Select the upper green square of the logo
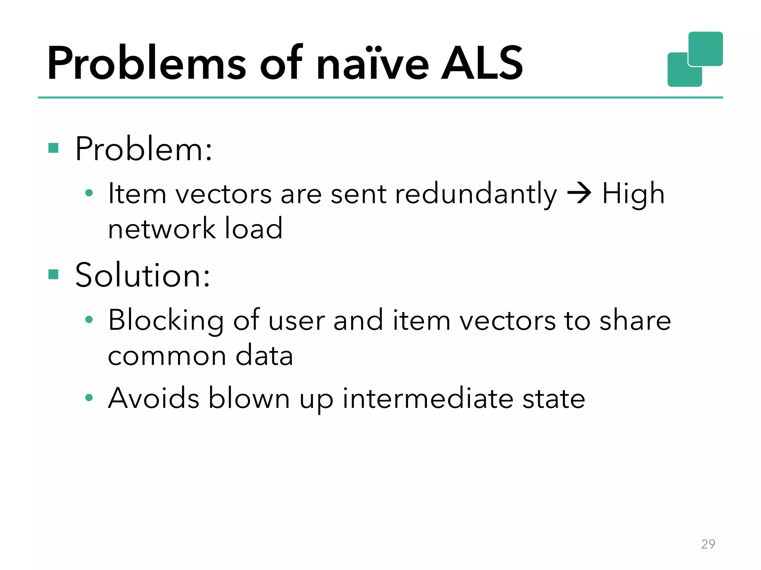705,48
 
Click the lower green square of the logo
680,74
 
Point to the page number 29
708,544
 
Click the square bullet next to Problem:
54,148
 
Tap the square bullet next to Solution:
54,275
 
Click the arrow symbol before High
579,193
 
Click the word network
162,229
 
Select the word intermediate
428,398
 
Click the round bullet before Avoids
89,398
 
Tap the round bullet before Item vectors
89,193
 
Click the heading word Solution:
143,275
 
